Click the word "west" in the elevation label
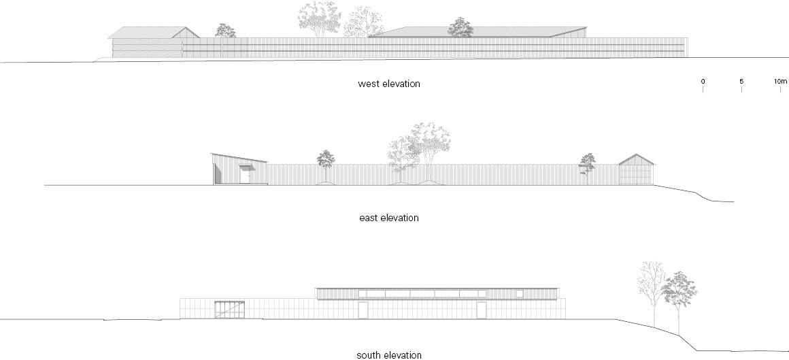click(368, 84)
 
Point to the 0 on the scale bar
click(703, 82)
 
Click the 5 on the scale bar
click(741, 82)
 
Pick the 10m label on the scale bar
click(779, 82)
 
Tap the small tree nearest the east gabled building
click(587, 164)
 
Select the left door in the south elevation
click(363, 310)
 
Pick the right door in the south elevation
click(482, 310)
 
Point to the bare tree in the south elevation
click(651, 286)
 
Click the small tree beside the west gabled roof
click(225, 30)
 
